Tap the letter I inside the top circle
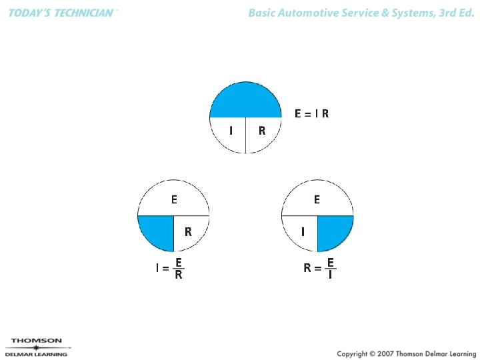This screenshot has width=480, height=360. click(231, 131)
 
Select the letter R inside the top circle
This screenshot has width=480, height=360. click(262, 131)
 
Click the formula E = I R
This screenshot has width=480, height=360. click(312, 113)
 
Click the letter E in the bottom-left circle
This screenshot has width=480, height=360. click(174, 199)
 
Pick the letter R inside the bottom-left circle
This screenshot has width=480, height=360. click(189, 232)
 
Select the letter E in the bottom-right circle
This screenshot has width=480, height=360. click(317, 199)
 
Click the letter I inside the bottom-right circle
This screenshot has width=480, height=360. click(303, 232)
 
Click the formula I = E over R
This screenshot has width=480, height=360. click(170, 268)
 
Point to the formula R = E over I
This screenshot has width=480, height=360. click(319, 268)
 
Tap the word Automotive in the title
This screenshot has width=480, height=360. click(309, 13)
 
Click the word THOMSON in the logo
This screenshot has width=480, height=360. click(37, 341)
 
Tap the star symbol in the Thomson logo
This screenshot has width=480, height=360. click(36, 347)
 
